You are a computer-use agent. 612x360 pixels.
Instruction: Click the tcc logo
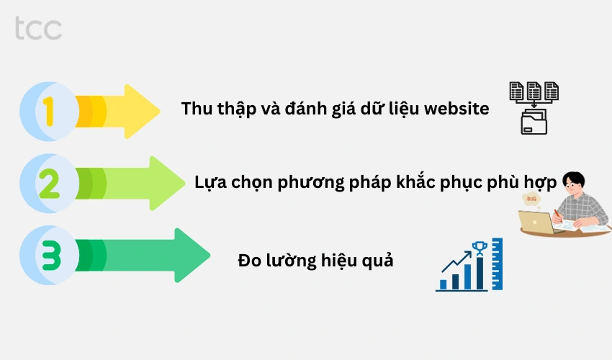tap(37, 28)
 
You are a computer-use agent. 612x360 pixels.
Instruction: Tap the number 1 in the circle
tap(48, 112)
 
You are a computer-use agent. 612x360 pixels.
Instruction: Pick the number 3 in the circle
tap(48, 256)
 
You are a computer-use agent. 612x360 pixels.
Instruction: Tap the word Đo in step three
tap(249, 260)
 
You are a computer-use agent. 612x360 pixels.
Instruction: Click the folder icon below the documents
tap(534, 122)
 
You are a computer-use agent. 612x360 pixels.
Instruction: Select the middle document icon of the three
tap(534, 91)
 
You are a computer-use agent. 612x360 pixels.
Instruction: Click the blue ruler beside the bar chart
tap(497, 264)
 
